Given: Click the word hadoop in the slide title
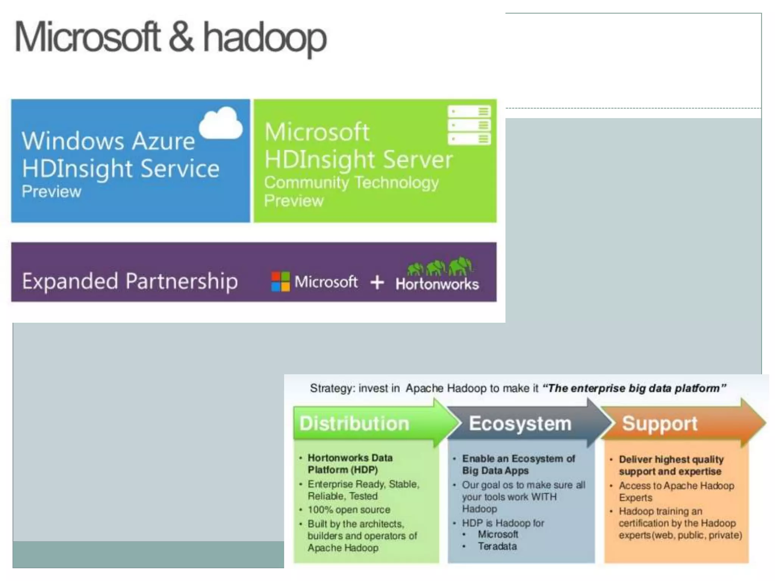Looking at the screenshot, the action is [x=265, y=38].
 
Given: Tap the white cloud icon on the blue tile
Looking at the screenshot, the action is [x=221, y=123].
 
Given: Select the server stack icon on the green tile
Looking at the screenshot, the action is [x=469, y=125].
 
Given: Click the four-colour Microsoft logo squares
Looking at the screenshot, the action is [x=280, y=282].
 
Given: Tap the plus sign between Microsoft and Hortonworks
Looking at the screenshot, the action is [x=377, y=282].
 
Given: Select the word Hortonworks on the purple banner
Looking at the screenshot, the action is [x=437, y=284].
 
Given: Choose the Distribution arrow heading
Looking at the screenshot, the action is [x=354, y=423].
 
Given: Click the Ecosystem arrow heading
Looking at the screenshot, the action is [x=520, y=423].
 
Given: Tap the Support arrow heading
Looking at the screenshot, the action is [x=660, y=423].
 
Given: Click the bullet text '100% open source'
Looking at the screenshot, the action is [x=349, y=510].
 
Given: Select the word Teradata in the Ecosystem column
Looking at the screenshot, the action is [x=497, y=546].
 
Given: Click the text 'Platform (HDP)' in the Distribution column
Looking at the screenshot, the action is [x=342, y=470].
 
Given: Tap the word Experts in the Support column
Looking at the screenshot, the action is [x=635, y=497].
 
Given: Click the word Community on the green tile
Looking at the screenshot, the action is [x=306, y=183].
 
